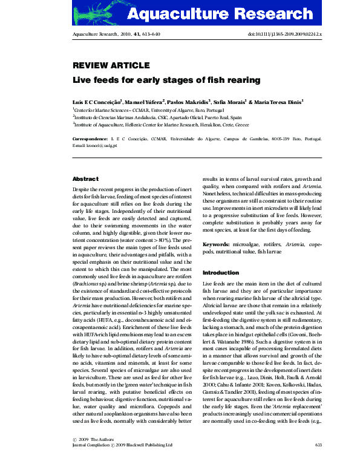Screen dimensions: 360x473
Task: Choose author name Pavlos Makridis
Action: click(188, 101)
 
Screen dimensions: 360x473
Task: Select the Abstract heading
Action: click(85, 179)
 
